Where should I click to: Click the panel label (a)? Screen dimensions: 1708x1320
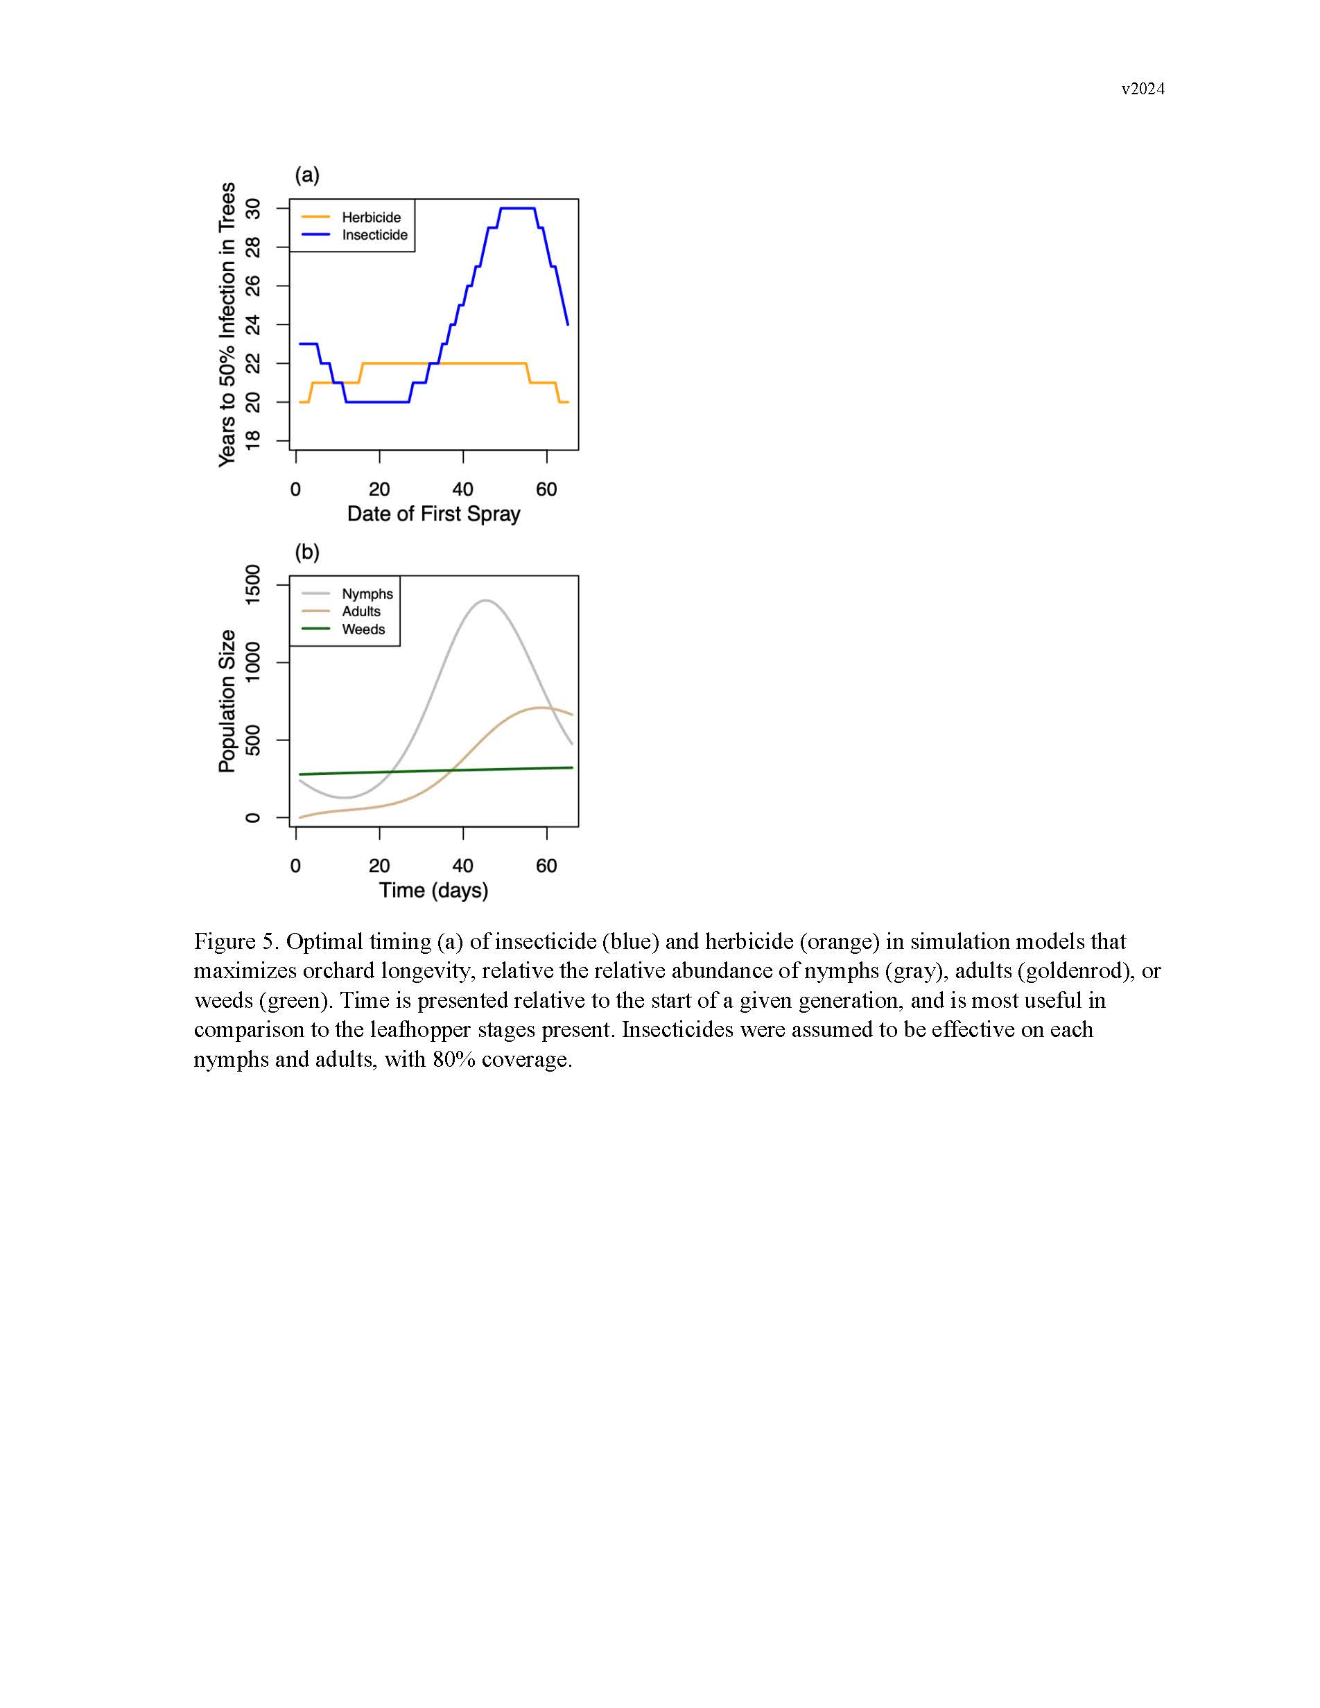[306, 175]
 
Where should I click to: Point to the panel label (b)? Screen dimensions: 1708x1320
[306, 552]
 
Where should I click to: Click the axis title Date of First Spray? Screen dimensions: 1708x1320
[433, 514]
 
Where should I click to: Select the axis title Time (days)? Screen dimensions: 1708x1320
[433, 890]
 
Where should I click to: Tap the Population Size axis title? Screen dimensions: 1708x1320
[227, 701]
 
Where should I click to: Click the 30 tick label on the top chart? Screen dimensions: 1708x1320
[252, 209]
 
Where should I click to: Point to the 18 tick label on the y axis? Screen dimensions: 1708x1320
[252, 441]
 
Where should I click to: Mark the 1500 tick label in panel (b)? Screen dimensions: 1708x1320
[252, 584]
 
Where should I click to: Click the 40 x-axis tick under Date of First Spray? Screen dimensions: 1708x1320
[463, 489]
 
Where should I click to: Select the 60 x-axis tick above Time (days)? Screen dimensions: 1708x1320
[546, 866]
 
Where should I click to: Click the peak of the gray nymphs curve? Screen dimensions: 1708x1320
[485, 600]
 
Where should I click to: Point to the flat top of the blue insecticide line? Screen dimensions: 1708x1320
[517, 208]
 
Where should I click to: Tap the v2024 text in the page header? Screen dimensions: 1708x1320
[1143, 89]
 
